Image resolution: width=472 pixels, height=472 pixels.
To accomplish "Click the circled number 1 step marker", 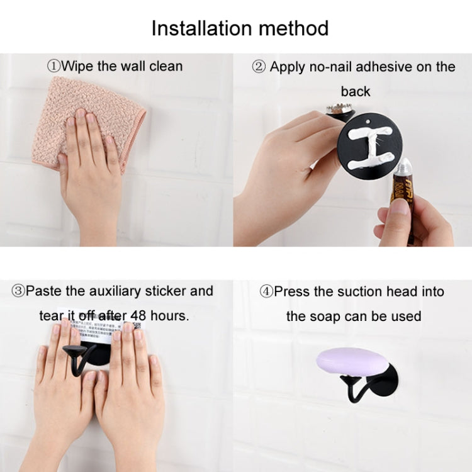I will (x=54, y=66).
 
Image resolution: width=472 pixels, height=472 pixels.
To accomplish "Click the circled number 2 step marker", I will (x=259, y=67).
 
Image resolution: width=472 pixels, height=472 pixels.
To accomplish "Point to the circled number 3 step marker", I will (x=18, y=291).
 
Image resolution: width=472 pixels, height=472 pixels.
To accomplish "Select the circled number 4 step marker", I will (x=266, y=291).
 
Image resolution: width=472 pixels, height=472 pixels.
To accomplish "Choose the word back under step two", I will (x=356, y=91).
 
